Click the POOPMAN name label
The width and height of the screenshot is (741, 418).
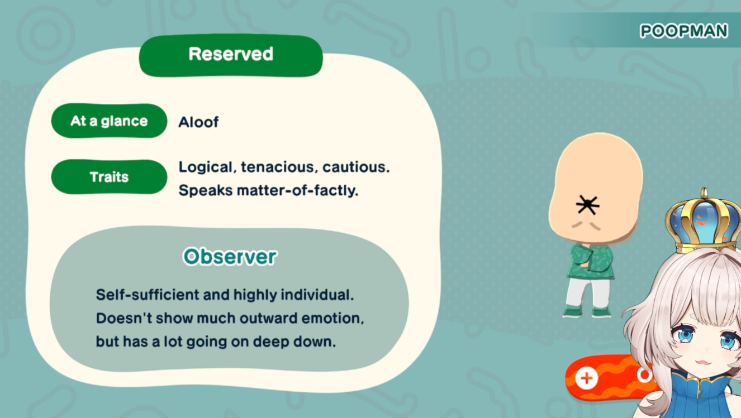[x=684, y=31]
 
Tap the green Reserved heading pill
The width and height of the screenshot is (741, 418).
[x=231, y=55]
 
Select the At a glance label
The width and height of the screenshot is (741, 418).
[x=109, y=121]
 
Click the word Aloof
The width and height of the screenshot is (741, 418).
[x=198, y=122]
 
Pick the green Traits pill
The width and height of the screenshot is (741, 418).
[x=109, y=177]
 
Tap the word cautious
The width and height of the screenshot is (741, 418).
[x=356, y=167]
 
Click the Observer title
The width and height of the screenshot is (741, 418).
[x=230, y=256]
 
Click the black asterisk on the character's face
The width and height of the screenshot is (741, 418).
[x=587, y=205]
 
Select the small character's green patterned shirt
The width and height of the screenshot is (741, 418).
[x=591, y=261]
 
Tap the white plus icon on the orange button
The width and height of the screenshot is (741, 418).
[x=587, y=378]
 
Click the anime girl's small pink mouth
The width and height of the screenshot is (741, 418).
[x=704, y=362]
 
